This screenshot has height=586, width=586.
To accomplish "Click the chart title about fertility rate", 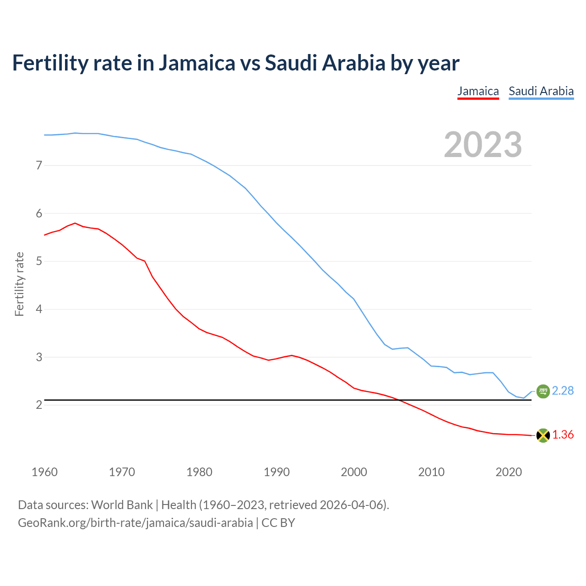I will (235, 63).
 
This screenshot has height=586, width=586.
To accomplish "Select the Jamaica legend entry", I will (478, 91).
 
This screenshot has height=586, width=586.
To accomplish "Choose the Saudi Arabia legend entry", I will (541, 91).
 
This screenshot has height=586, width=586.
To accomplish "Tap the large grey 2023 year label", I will (483, 145).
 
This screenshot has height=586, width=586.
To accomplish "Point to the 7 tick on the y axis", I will (39, 165).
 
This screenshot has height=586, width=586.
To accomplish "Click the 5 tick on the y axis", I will (39, 261).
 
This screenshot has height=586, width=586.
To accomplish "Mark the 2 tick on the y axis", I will (39, 405).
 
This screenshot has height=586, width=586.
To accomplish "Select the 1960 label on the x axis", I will (44, 472).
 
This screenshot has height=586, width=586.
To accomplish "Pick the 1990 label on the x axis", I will (277, 472).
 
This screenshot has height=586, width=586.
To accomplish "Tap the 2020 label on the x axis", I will (509, 472).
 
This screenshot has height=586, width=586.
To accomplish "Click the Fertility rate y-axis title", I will (19, 284).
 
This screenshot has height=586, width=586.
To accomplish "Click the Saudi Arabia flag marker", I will (543, 391).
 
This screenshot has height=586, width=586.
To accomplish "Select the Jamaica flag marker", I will (543, 435).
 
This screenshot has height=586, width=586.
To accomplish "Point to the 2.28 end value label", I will (563, 391).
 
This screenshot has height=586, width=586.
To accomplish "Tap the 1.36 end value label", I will (563, 434).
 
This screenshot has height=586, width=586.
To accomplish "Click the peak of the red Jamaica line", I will (75, 223).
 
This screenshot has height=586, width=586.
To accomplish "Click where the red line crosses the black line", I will (400, 400).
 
